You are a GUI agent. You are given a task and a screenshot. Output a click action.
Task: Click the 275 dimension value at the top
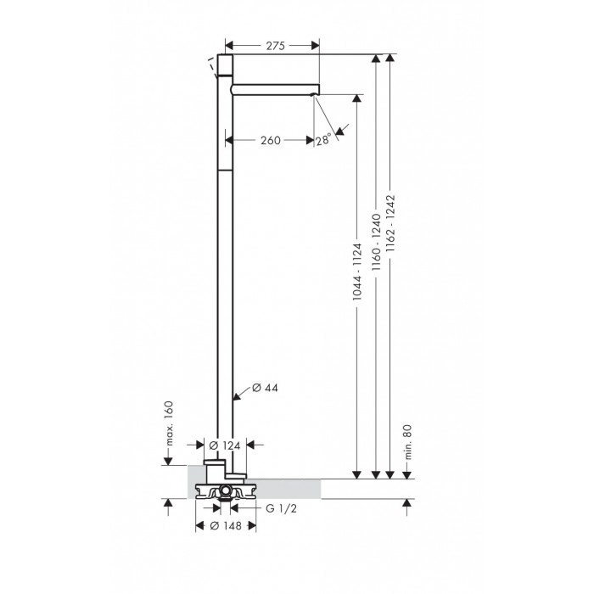(x=275, y=46)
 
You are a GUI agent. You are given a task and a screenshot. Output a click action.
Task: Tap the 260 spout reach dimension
(x=271, y=141)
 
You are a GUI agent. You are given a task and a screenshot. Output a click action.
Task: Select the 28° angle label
(x=323, y=140)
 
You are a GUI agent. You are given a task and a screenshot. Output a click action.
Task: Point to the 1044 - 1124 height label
(x=357, y=272)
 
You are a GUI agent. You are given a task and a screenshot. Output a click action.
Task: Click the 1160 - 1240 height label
(x=376, y=242)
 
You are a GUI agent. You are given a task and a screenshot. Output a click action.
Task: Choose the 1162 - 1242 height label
(x=390, y=223)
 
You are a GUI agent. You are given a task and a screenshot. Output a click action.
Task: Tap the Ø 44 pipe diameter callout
(x=265, y=388)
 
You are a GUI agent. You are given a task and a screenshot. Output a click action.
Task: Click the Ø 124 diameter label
(x=225, y=445)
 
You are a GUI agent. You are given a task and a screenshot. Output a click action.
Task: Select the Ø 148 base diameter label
(x=226, y=526)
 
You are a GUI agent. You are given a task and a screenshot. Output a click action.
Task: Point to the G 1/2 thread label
(x=281, y=509)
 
